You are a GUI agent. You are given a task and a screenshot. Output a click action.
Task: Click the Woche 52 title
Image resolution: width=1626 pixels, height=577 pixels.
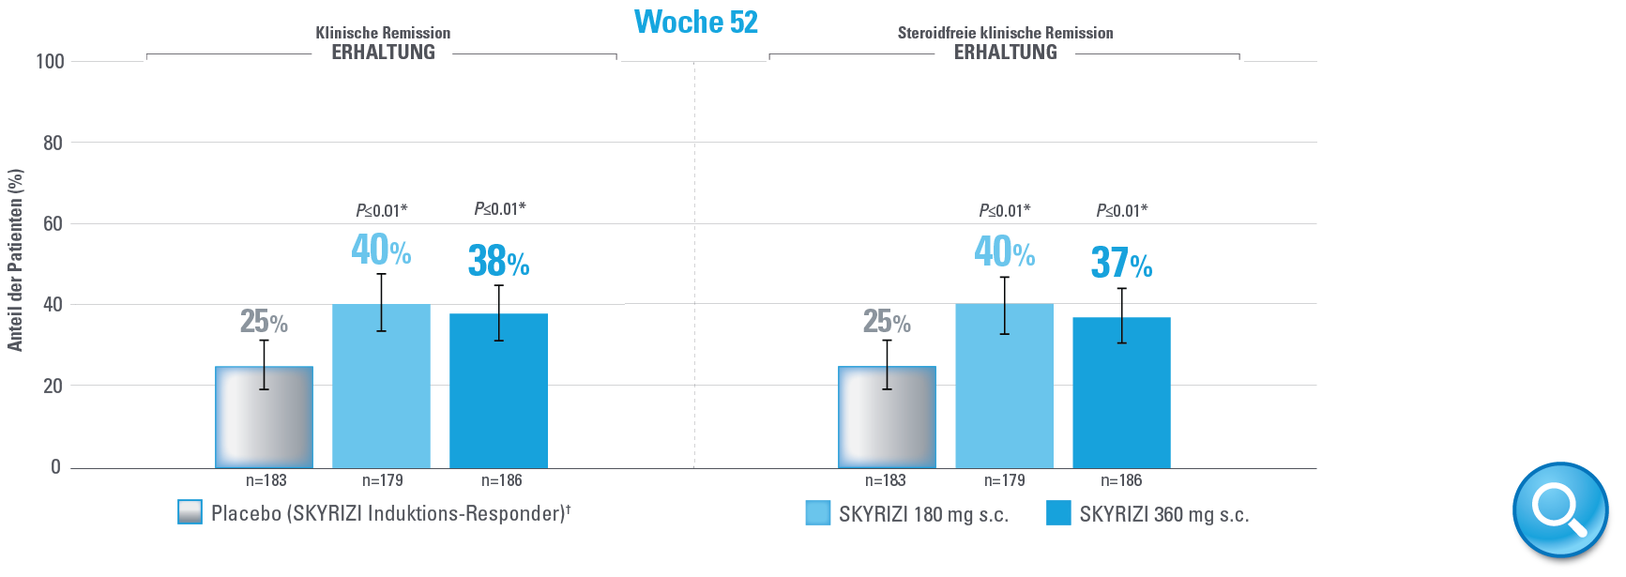[695, 23]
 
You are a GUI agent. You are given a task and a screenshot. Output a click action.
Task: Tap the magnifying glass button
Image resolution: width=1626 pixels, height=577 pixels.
[1559, 509]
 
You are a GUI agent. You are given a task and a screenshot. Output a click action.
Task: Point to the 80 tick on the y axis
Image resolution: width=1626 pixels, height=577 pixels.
[53, 144]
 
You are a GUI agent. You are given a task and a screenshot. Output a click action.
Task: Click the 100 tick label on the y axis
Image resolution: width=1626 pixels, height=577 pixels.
[50, 62]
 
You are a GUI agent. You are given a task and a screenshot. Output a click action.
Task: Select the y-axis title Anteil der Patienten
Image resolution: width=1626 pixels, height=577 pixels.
[15, 260]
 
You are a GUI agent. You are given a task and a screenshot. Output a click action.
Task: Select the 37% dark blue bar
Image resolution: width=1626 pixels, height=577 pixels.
[1121, 393]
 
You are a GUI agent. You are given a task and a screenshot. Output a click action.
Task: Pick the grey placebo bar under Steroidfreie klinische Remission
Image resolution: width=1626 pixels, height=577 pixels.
[887, 417]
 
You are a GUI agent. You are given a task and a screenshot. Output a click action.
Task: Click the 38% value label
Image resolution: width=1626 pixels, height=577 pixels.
[498, 262]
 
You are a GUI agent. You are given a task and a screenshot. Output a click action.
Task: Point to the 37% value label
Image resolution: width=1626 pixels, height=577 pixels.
[1121, 264]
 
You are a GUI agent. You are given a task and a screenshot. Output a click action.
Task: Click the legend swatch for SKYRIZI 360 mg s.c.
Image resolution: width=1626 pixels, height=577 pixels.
[1058, 513]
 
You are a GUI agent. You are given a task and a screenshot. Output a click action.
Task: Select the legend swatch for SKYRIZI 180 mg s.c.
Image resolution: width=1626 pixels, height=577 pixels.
[818, 513]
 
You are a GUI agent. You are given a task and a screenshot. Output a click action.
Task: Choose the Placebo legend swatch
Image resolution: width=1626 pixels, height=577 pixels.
[190, 512]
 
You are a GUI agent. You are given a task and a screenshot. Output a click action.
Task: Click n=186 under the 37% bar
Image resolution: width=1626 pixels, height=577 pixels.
[1121, 480]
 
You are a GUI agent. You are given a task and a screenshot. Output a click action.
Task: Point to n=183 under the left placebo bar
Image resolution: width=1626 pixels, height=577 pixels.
[266, 480]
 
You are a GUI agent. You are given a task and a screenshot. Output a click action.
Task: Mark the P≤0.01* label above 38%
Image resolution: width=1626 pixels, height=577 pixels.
[499, 209]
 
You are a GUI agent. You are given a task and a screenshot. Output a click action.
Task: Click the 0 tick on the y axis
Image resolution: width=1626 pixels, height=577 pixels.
[55, 467]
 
